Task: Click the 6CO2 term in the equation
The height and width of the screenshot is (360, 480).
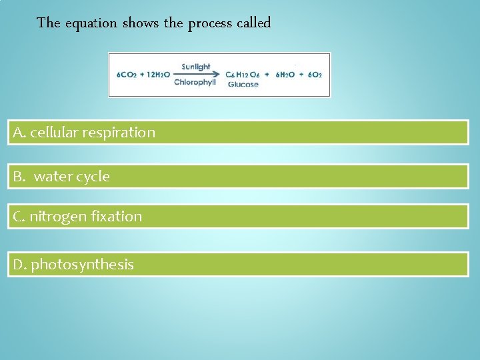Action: pyautogui.click(x=126, y=75)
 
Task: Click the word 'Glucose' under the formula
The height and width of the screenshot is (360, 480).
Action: pyautogui.click(x=243, y=85)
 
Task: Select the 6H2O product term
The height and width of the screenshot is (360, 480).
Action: pyautogui.click(x=285, y=75)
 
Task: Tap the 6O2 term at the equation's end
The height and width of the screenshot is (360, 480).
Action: pyautogui.click(x=314, y=75)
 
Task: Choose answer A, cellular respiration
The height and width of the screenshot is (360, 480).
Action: pyautogui.click(x=238, y=133)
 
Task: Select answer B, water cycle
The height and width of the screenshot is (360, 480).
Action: pyautogui.click(x=238, y=177)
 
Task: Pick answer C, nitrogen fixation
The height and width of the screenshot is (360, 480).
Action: pyautogui.click(x=238, y=217)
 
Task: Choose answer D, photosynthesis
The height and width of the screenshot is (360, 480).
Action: pyautogui.click(x=238, y=265)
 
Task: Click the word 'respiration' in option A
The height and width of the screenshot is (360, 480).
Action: pyautogui.click(x=119, y=133)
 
